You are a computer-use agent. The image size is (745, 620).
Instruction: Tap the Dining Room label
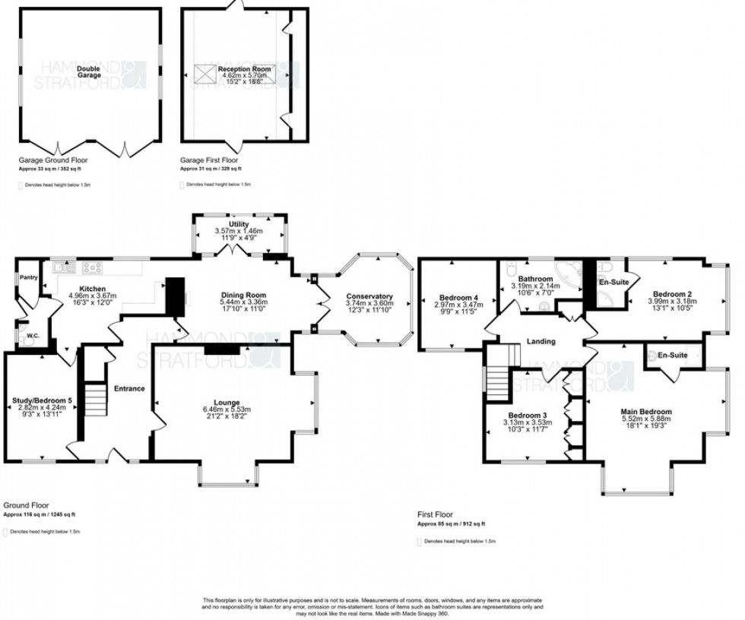click(x=243, y=296)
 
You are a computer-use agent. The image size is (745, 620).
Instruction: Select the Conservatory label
click(x=368, y=296)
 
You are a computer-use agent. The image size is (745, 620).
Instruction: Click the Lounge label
click(x=227, y=403)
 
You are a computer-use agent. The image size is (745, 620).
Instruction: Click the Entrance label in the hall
click(x=129, y=388)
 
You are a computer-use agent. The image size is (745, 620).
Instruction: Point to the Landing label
click(x=541, y=342)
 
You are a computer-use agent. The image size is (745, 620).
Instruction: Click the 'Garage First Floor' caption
click(x=207, y=161)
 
